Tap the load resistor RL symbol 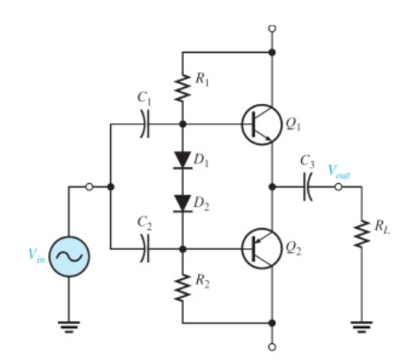pos(360,233)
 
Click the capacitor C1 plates pos(146,124)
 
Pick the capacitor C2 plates pos(146,249)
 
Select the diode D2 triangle pos(183,203)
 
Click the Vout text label pos(338,173)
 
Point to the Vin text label pos(33,256)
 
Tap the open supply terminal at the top pos(272,28)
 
